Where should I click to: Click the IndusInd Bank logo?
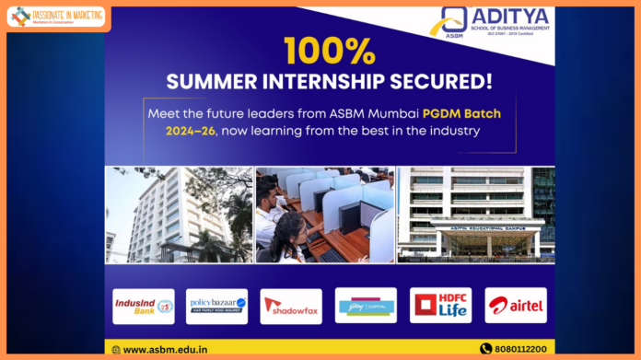(143, 306)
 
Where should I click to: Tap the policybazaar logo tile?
(216, 306)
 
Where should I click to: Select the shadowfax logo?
(291, 306)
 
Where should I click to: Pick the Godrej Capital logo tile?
(366, 305)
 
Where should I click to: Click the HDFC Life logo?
(440, 305)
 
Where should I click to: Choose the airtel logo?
(515, 305)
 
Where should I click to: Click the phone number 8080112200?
(520, 349)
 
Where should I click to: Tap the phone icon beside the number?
(485, 349)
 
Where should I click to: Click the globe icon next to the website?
(115, 349)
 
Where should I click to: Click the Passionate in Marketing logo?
(56, 16)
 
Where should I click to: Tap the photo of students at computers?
(323, 215)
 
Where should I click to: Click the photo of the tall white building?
(178, 215)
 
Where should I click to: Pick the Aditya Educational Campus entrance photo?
(475, 215)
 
